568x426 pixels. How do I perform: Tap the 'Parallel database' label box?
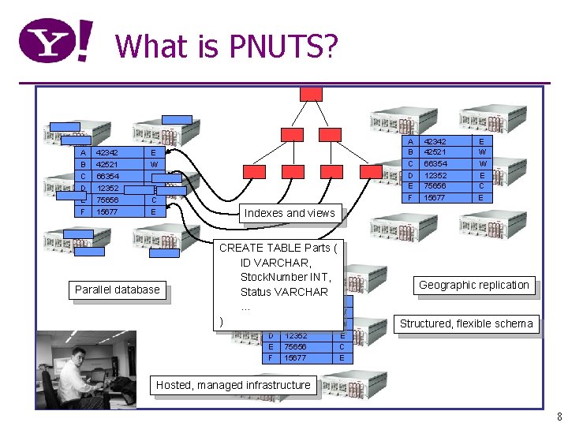[117, 290]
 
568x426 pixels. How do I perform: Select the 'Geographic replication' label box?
[473, 285]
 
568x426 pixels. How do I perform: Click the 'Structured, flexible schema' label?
[465, 323]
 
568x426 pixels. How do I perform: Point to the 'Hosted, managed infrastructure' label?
[233, 385]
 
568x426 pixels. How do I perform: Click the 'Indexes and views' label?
[289, 213]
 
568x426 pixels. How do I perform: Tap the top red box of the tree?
[311, 94]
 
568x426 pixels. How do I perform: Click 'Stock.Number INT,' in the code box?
[286, 277]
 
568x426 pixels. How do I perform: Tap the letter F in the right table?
[410, 197]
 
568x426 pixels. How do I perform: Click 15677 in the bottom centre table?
[296, 357]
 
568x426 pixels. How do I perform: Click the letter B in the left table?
[83, 164]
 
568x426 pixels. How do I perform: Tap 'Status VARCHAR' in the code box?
[285, 292]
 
